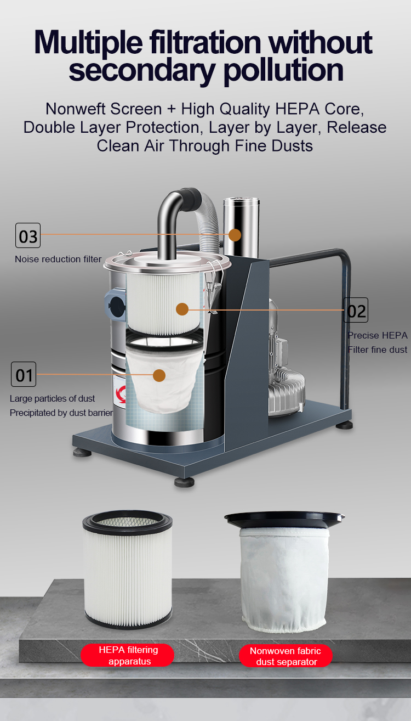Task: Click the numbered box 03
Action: (28, 235)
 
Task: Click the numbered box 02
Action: (356, 310)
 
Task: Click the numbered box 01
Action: (24, 374)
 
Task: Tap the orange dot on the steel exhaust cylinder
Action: (235, 235)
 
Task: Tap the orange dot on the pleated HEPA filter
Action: (182, 309)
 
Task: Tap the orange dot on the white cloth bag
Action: (159, 375)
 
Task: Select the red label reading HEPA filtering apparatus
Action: (128, 655)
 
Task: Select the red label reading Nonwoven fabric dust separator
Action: (286, 656)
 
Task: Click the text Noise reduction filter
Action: (58, 259)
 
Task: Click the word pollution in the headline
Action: (283, 71)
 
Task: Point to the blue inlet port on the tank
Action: (115, 306)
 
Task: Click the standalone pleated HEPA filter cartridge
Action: (128, 569)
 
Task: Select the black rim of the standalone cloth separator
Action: (284, 520)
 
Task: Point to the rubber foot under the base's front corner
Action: (185, 482)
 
